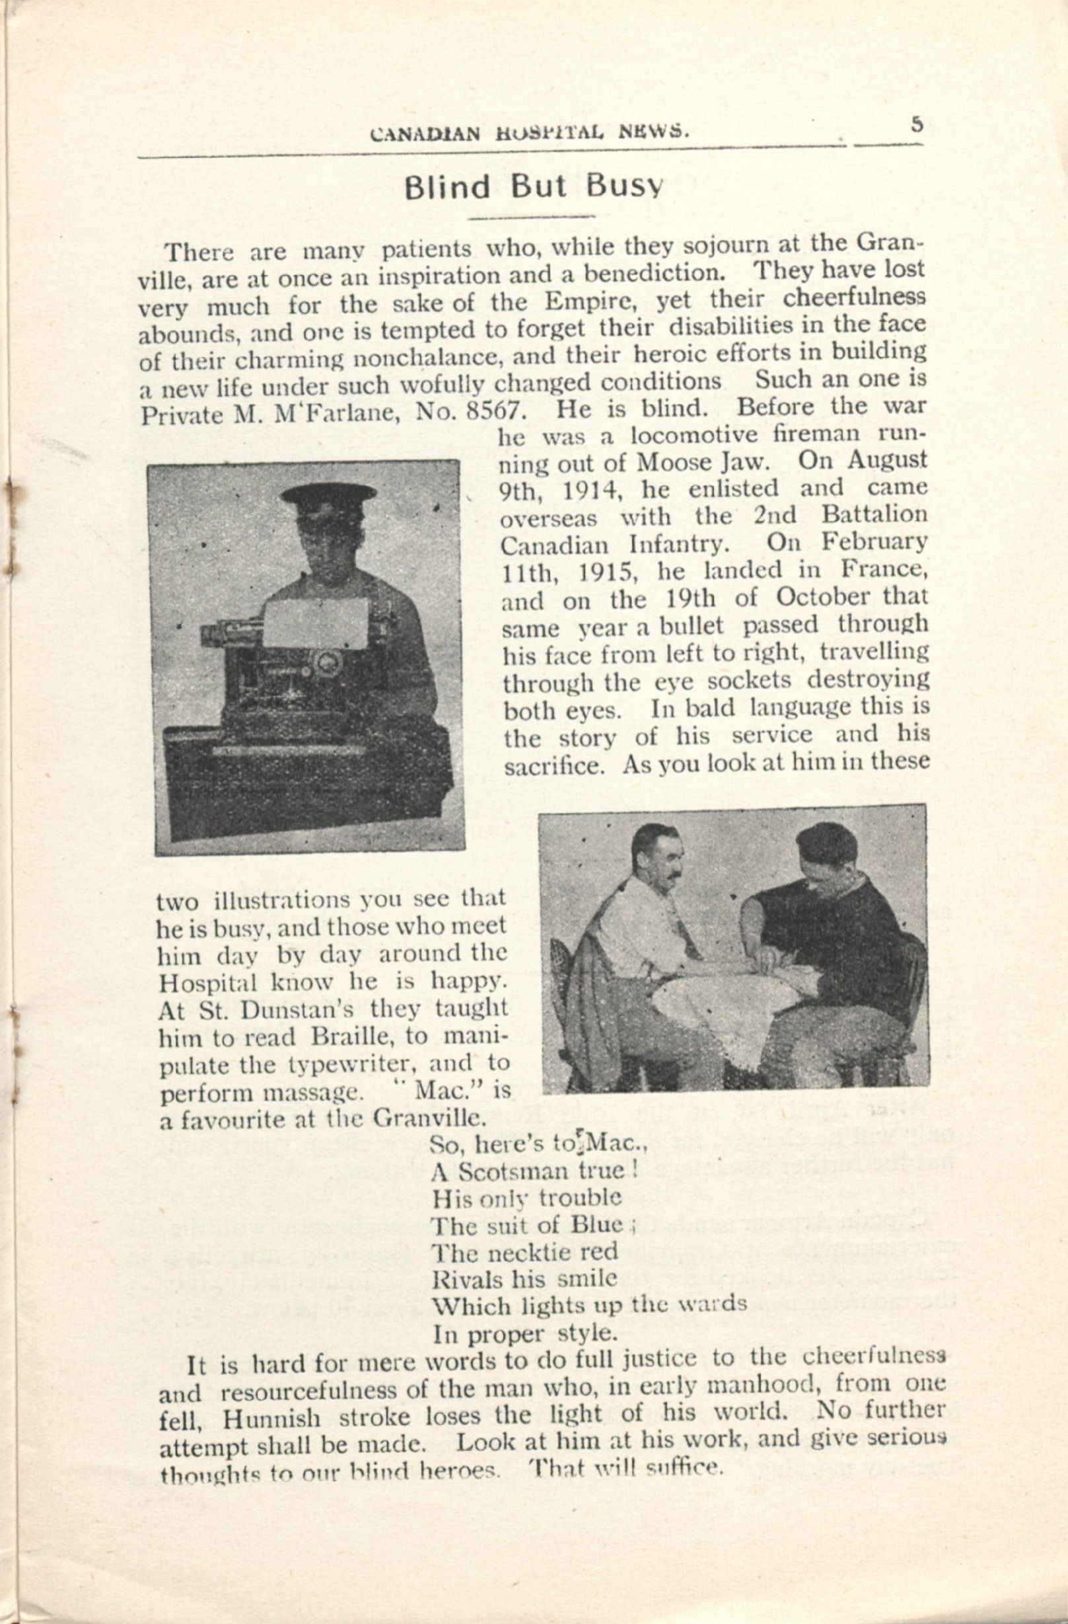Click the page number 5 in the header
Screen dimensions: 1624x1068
click(x=916, y=125)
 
